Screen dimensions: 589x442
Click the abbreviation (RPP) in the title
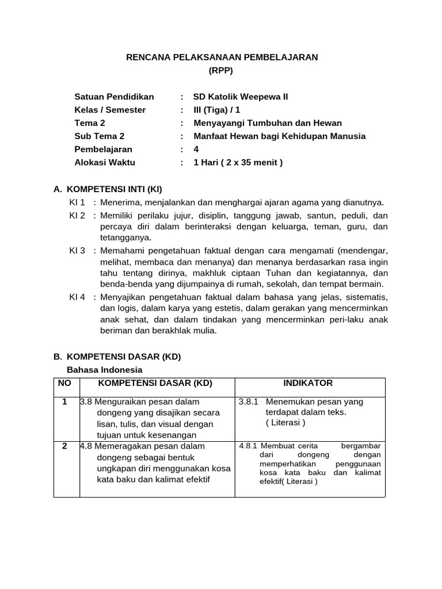pyautogui.click(x=222, y=71)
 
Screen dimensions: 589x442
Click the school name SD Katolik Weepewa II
pyautogui.click(x=240, y=97)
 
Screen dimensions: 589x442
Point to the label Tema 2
pyautogui.click(x=90, y=123)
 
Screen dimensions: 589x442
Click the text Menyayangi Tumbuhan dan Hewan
pyautogui.click(x=267, y=123)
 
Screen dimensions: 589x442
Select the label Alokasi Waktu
pyautogui.click(x=105, y=162)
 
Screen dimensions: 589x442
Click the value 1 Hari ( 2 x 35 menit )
pyautogui.click(x=238, y=162)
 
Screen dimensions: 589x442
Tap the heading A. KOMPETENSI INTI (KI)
pyautogui.click(x=112, y=189)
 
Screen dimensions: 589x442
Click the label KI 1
pyautogui.click(x=77, y=202)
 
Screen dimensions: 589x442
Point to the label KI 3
pyautogui.click(x=77, y=251)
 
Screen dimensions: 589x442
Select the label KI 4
pyautogui.click(x=77, y=297)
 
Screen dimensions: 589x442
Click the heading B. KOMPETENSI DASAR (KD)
pyautogui.click(x=117, y=357)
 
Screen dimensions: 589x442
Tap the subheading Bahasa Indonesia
pyautogui.click(x=105, y=370)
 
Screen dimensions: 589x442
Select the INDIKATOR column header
pyautogui.click(x=308, y=383)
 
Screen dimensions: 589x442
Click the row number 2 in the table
pyautogui.click(x=64, y=446)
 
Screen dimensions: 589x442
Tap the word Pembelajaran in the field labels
pyautogui.click(x=104, y=150)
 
